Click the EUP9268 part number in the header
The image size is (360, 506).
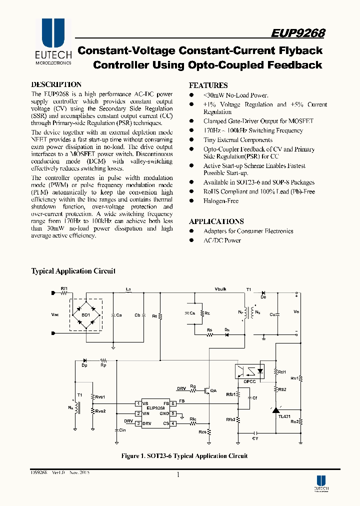click(298, 33)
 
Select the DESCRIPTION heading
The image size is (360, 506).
click(56, 84)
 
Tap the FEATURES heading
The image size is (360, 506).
click(208, 85)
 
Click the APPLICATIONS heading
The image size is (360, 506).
click(216, 221)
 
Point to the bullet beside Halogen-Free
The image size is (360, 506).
click(191, 201)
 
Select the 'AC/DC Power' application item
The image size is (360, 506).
click(222, 240)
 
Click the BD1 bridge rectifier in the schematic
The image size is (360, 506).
click(86, 315)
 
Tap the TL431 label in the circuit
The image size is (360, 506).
click(284, 416)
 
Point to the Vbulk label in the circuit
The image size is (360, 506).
click(220, 289)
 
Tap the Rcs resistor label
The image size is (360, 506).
click(202, 432)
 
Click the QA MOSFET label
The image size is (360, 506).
click(213, 390)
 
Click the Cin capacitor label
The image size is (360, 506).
click(122, 430)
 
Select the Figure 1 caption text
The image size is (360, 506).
click(184, 455)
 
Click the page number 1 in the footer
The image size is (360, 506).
click(178, 475)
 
